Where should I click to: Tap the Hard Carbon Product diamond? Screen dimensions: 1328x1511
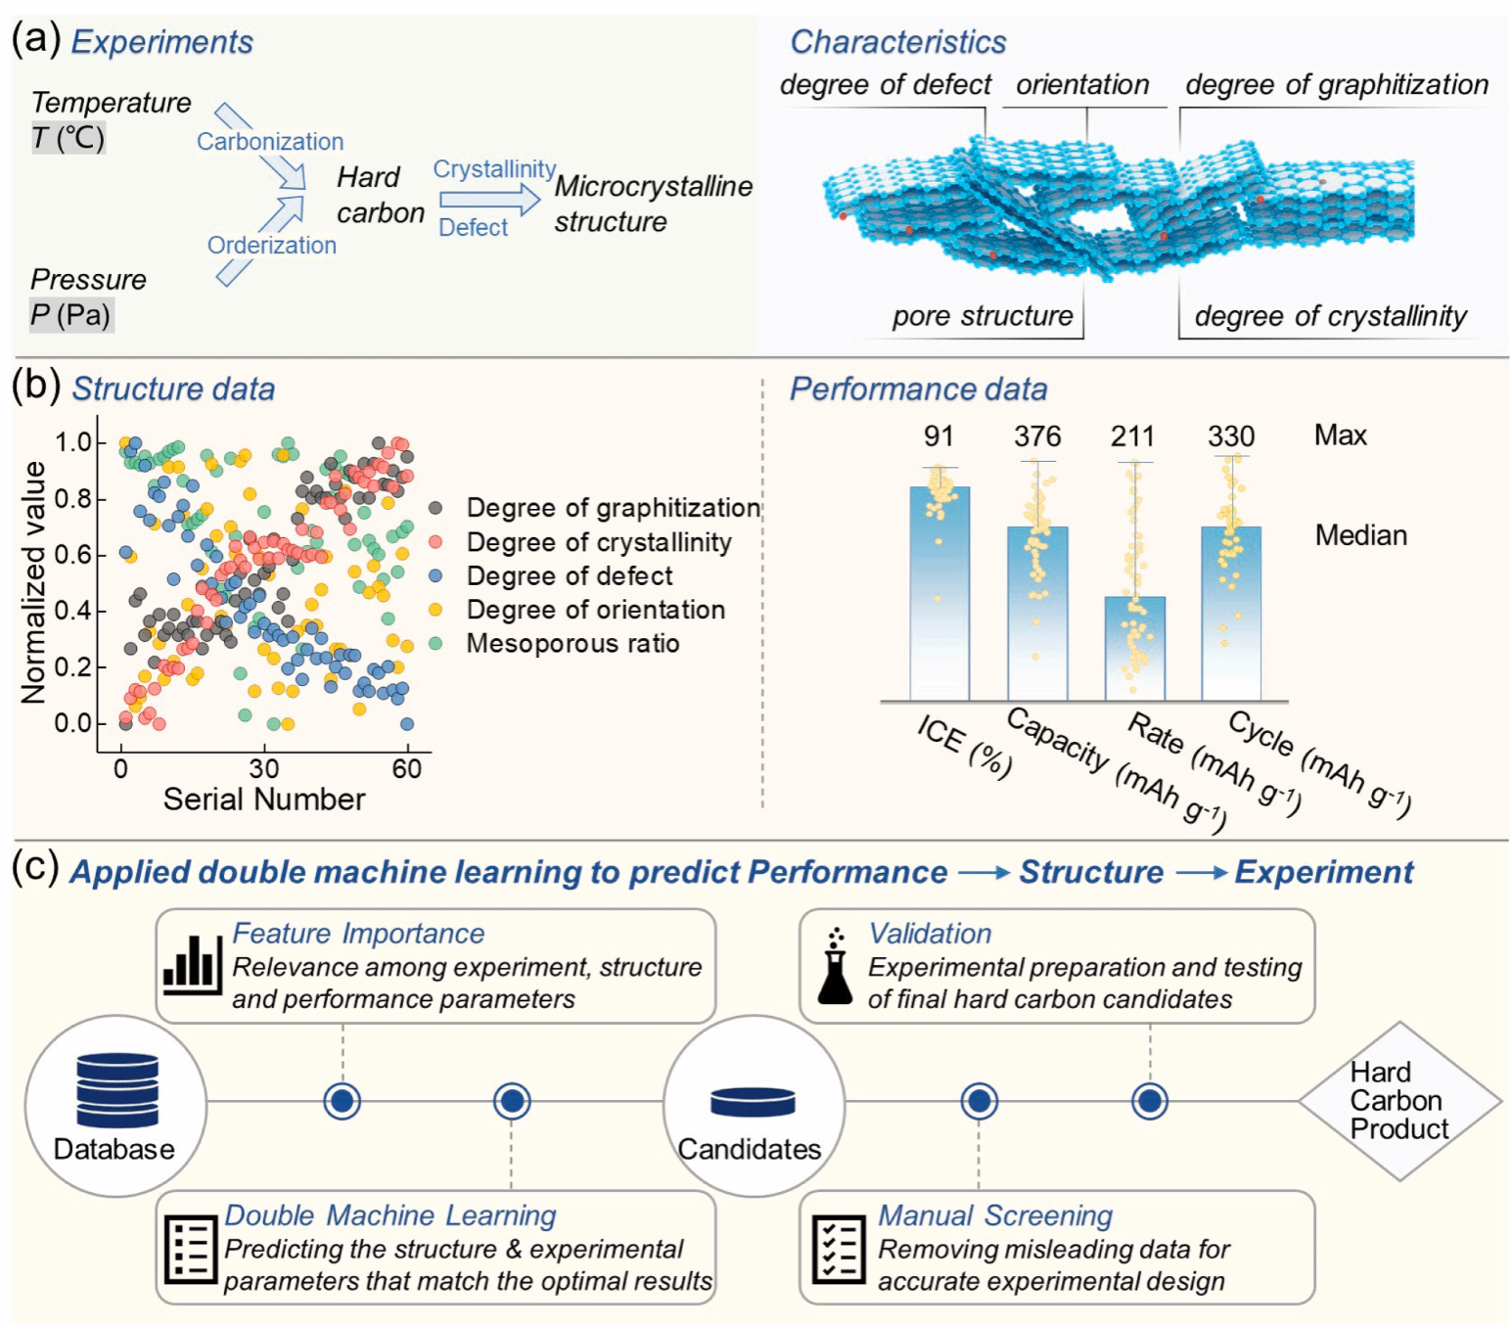(1399, 1101)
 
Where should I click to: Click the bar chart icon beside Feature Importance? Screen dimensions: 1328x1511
(191, 965)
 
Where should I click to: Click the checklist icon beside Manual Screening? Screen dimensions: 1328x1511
(839, 1249)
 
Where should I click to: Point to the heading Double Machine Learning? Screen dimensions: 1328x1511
(389, 1215)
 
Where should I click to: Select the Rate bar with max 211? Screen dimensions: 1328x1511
(1134, 647)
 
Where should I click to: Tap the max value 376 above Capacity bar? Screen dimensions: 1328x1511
(1036, 436)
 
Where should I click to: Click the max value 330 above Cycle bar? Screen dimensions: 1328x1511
(1230, 436)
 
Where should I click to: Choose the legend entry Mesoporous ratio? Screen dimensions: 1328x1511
(572, 644)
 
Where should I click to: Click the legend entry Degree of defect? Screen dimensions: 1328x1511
(570, 576)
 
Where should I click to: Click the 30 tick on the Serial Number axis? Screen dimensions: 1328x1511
(263, 769)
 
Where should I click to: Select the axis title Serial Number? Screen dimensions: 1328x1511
(263, 800)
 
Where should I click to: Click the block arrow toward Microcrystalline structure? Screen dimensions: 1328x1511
(488, 200)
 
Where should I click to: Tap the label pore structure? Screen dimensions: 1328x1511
(982, 316)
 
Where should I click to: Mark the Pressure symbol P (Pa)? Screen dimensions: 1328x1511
(70, 315)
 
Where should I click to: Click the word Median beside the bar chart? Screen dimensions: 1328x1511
(1360, 535)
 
